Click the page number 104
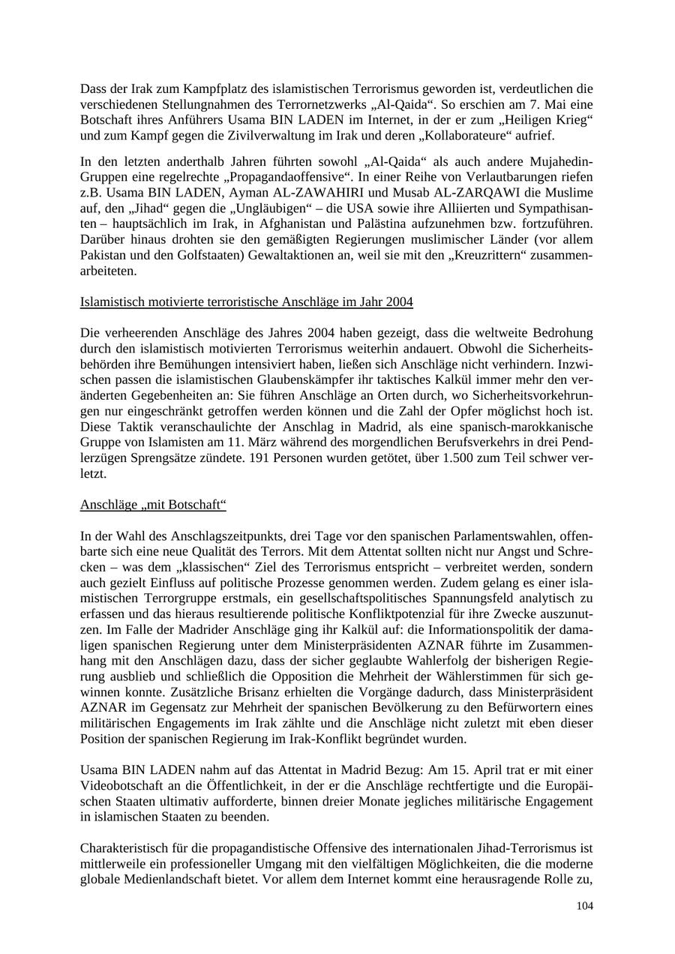pos(584,907)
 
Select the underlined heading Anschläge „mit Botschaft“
pos(153,504)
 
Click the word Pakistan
pos(104,256)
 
